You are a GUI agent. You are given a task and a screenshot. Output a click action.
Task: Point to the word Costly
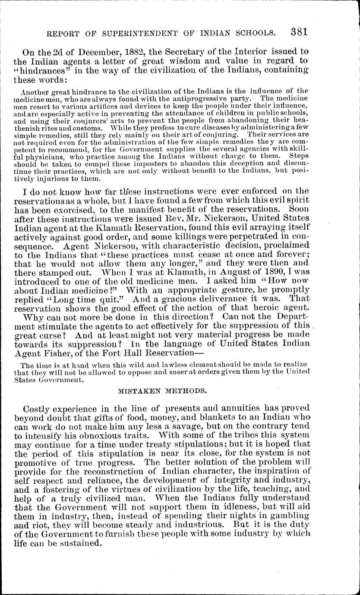[38, 409]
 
